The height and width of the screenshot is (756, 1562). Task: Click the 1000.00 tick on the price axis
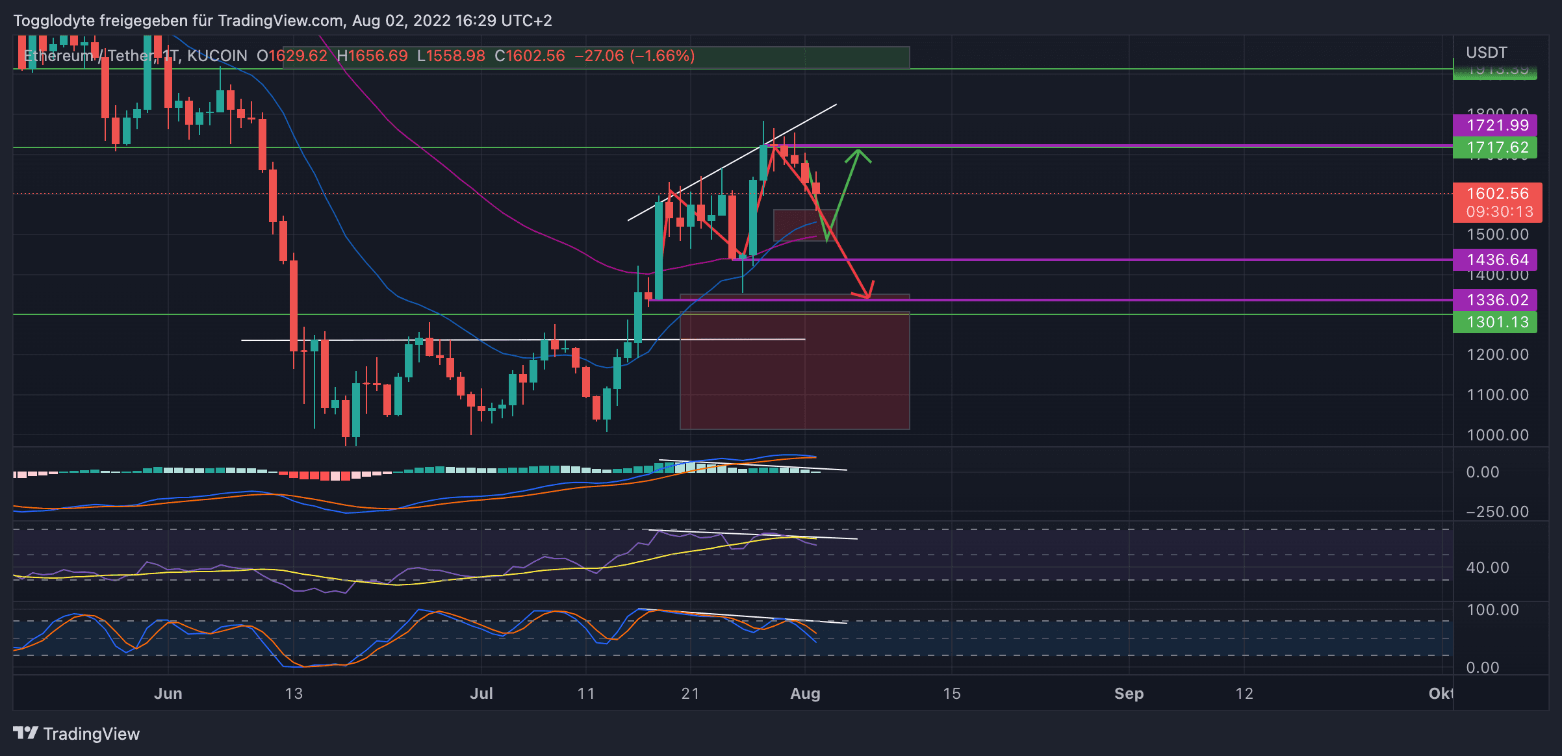(1497, 435)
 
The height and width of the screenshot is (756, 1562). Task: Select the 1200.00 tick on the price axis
(1497, 355)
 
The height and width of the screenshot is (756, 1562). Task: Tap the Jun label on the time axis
(168, 694)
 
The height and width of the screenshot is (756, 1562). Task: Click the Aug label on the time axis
(805, 694)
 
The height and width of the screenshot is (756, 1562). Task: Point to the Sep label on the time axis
(1129, 694)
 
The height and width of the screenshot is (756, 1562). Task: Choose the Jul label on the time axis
(481, 694)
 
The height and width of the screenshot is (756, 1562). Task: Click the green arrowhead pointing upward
(858, 153)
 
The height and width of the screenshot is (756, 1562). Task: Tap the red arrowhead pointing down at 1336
(868, 294)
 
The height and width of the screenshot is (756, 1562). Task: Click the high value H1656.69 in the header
(372, 56)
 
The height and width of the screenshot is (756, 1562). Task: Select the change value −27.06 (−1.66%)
(634, 56)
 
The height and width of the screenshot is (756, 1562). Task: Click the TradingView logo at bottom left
(77, 734)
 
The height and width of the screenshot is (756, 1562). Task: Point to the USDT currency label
(1487, 53)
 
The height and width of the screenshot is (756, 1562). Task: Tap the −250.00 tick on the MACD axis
(1497, 512)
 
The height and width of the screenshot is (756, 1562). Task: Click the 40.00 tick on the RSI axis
(1487, 568)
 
